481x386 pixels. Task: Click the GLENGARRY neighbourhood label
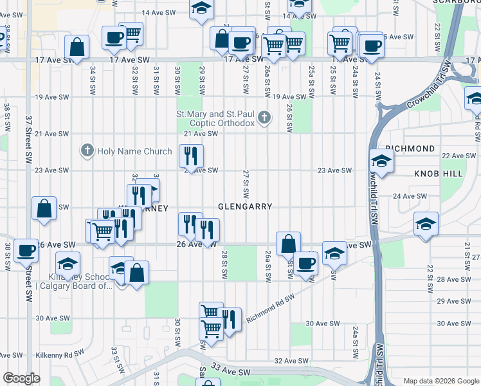pyautogui.click(x=245, y=207)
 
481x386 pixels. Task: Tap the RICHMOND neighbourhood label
pyautogui.click(x=410, y=149)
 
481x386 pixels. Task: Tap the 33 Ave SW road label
pyautogui.click(x=231, y=372)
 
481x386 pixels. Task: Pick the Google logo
pyautogui.click(x=21, y=378)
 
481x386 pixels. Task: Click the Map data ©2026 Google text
pyautogui.click(x=441, y=381)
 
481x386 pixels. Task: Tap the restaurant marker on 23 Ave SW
pyautogui.click(x=191, y=156)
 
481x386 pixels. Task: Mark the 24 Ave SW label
pyautogui.click(x=410, y=196)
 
